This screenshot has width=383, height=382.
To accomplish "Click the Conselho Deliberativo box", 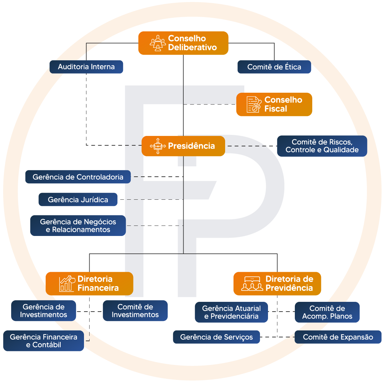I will coord(183,43).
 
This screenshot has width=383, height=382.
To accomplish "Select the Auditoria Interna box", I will coord(86,67).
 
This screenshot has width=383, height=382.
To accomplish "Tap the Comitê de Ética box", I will coord(274,67).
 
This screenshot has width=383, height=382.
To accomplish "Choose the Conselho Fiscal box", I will coord(274,104).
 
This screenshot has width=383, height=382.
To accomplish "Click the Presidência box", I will coord(183,146).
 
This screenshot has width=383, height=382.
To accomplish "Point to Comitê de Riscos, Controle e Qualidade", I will coord(322,146).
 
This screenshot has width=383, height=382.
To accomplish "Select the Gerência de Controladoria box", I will coord(78,177).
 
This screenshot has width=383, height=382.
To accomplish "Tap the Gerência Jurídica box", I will coord(78,200).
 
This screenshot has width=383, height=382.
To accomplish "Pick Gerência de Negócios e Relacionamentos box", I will coord(78,226).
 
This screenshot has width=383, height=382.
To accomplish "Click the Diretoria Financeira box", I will coord(90,284).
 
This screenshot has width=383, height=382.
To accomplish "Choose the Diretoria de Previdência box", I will coord(277,284).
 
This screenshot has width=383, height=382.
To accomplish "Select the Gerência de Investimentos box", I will coord(44,311).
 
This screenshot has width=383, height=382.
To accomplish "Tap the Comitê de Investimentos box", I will coord(135,311).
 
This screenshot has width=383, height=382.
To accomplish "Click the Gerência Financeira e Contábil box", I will coord(44,341).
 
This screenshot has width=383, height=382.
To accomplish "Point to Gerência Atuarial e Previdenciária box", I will coord(231,312).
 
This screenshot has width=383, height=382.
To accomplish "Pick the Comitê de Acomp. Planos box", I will coord(327,312).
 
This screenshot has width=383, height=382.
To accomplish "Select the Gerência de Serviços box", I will coord(216,337).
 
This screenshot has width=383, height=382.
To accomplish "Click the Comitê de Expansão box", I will coord(338,337).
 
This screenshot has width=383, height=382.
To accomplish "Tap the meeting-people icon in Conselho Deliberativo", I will coord(158,43).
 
